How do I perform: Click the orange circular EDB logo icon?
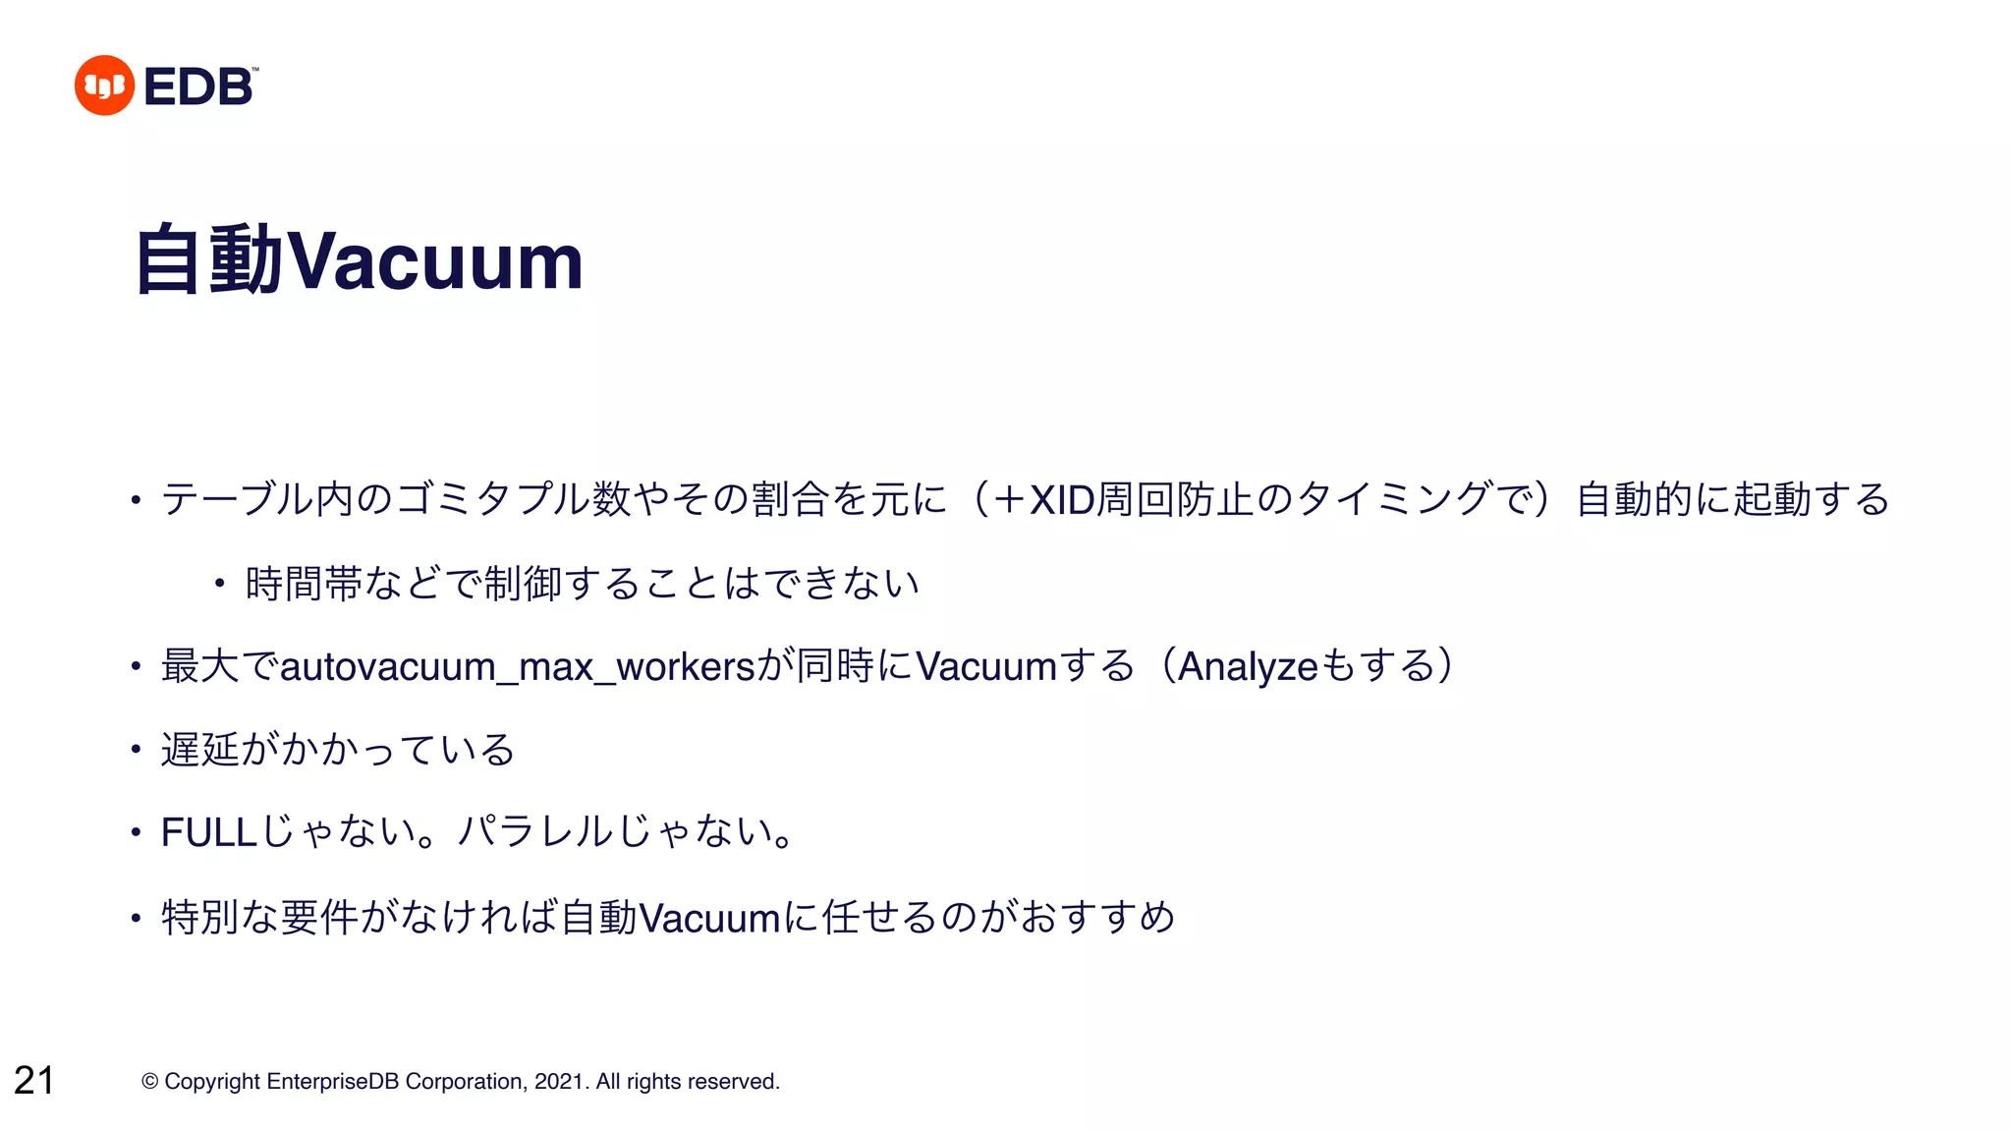pos(104,85)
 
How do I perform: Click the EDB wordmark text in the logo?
pos(199,86)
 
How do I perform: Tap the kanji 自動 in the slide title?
pos(209,259)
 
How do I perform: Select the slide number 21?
pos(34,1080)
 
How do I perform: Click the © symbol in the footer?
pos(150,1082)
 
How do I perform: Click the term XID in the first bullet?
pos(1061,500)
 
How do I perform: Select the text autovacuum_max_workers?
pos(517,667)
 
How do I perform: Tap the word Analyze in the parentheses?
pos(1248,667)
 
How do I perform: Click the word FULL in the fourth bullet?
pos(209,833)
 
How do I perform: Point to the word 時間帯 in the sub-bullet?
pos(304,584)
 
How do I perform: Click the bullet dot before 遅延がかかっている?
pos(137,751)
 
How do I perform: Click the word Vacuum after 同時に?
pos(985,667)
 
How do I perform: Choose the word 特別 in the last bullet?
pos(200,918)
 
